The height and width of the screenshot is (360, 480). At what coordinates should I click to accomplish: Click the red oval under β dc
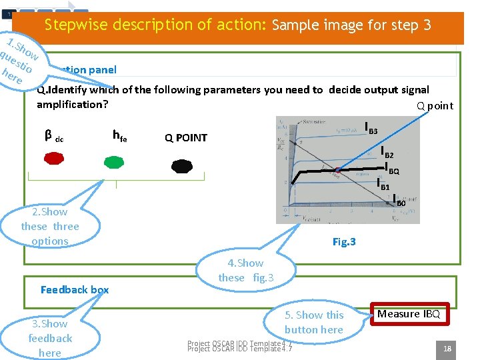55,159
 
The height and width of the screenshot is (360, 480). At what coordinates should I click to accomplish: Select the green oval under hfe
114,161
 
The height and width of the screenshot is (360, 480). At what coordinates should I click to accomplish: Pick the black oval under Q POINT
181,166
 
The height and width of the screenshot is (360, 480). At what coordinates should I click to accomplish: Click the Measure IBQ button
408,314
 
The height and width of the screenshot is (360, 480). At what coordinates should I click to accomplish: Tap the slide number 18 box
447,347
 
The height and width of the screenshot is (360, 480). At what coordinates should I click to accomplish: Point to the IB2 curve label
387,153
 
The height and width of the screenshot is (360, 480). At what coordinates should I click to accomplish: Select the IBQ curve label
392,169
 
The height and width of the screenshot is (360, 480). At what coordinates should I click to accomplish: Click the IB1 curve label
383,185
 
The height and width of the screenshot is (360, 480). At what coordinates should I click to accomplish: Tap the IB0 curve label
399,200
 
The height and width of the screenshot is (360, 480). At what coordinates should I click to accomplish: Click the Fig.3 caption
344,242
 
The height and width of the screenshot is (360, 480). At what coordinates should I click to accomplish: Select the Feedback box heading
74,289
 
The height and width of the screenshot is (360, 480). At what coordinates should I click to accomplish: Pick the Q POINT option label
186,138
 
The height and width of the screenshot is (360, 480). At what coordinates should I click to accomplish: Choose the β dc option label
53,137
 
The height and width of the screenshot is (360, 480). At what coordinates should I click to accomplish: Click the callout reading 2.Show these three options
50,226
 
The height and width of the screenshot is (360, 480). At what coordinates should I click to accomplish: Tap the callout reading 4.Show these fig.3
245,270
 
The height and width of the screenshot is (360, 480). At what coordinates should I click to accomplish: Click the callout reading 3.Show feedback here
50,338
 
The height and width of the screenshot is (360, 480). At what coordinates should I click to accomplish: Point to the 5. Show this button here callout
313,322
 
